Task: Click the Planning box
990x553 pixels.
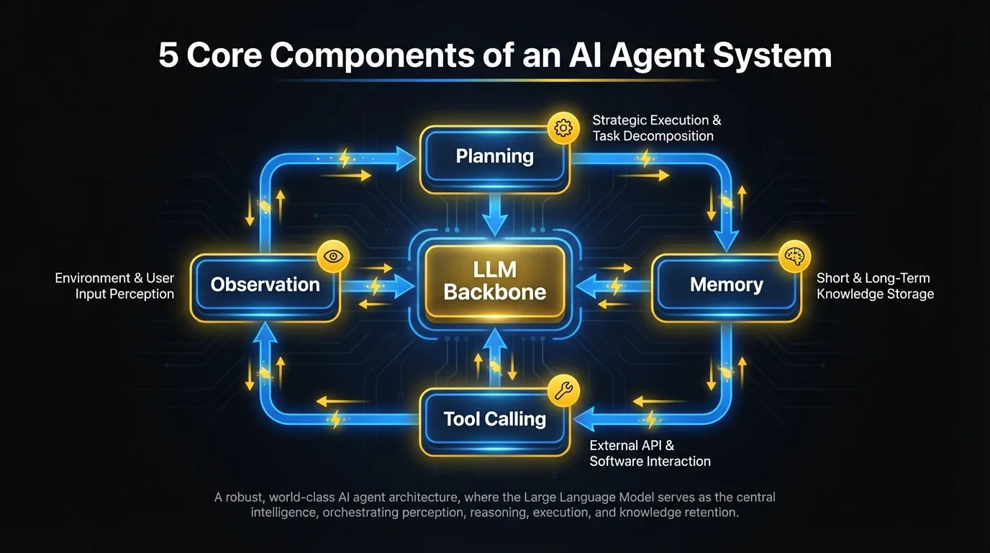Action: (494, 157)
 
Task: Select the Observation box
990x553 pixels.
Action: (265, 285)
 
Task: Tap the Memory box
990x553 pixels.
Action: (726, 285)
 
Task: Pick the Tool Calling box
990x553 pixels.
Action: (494, 419)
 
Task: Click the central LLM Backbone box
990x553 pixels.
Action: (494, 281)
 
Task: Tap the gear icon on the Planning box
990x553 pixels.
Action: (563, 128)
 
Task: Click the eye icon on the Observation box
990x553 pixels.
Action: (333, 256)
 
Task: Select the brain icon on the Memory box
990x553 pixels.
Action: (795, 257)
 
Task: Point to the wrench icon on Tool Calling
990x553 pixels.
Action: (563, 391)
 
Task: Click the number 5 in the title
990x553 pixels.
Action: (168, 56)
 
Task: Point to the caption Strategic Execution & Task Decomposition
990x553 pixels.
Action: (656, 128)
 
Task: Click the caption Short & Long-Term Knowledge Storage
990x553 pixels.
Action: (874, 286)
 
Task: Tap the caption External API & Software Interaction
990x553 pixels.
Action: (650, 454)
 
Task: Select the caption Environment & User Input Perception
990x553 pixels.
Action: (115, 286)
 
